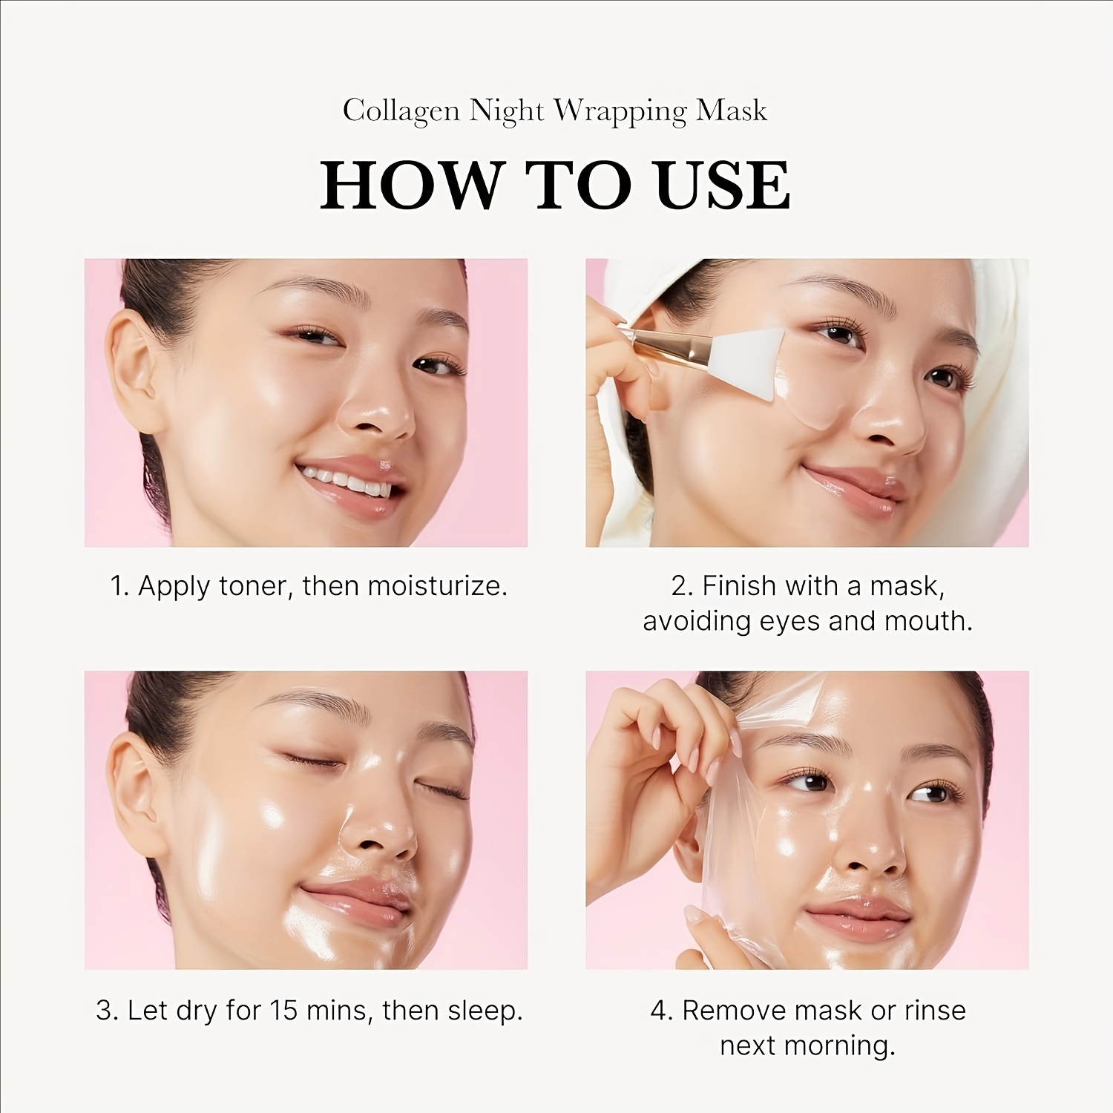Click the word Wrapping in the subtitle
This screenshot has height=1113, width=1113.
point(620,111)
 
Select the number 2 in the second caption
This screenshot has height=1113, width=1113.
point(680,586)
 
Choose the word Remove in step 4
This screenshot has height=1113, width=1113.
point(734,1011)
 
